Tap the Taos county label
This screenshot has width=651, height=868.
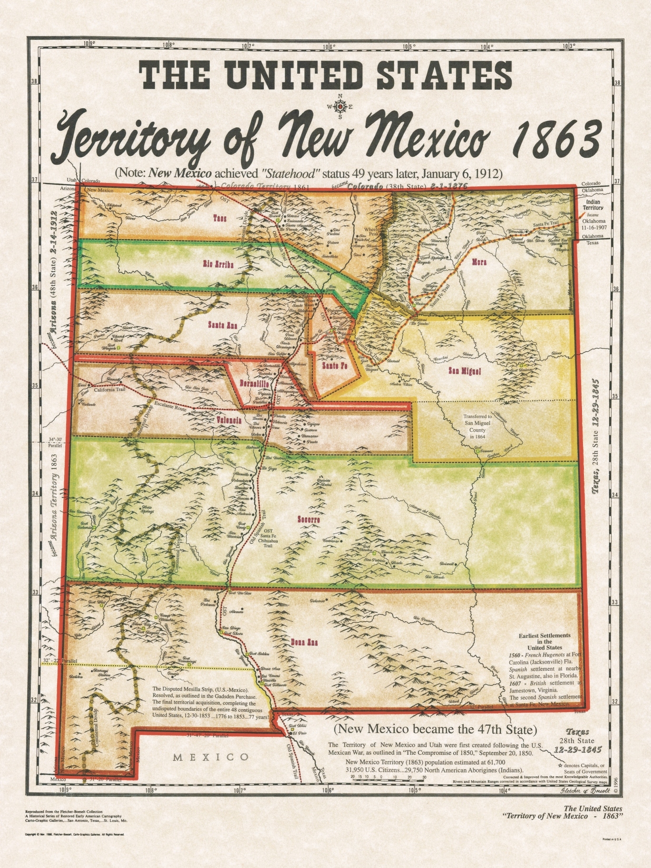tap(219, 218)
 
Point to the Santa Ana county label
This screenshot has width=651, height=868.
tap(222, 325)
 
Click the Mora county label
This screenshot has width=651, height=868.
tap(479, 262)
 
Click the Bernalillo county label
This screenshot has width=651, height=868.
tap(254, 383)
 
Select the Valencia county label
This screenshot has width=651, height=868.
tap(229, 420)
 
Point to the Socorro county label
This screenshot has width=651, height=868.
tap(308, 520)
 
